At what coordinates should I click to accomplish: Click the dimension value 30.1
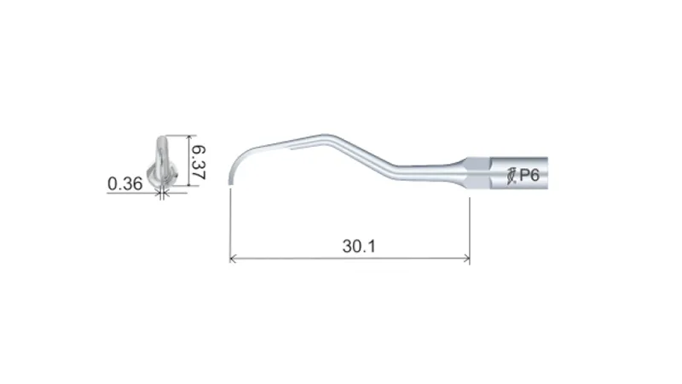pos(358,246)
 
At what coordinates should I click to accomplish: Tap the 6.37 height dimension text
pos(199,162)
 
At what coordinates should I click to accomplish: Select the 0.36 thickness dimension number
pos(124,183)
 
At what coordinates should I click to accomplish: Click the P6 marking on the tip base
pos(529,175)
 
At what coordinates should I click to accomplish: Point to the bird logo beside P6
pos(512,176)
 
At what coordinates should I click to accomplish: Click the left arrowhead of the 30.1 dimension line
pos(233,259)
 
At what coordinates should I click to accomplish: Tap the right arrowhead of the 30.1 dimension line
pos(466,259)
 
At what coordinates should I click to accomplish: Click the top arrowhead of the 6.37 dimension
pos(188,138)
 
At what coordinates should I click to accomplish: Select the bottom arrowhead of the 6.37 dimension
pos(188,183)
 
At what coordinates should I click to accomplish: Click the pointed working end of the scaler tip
pos(229,181)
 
